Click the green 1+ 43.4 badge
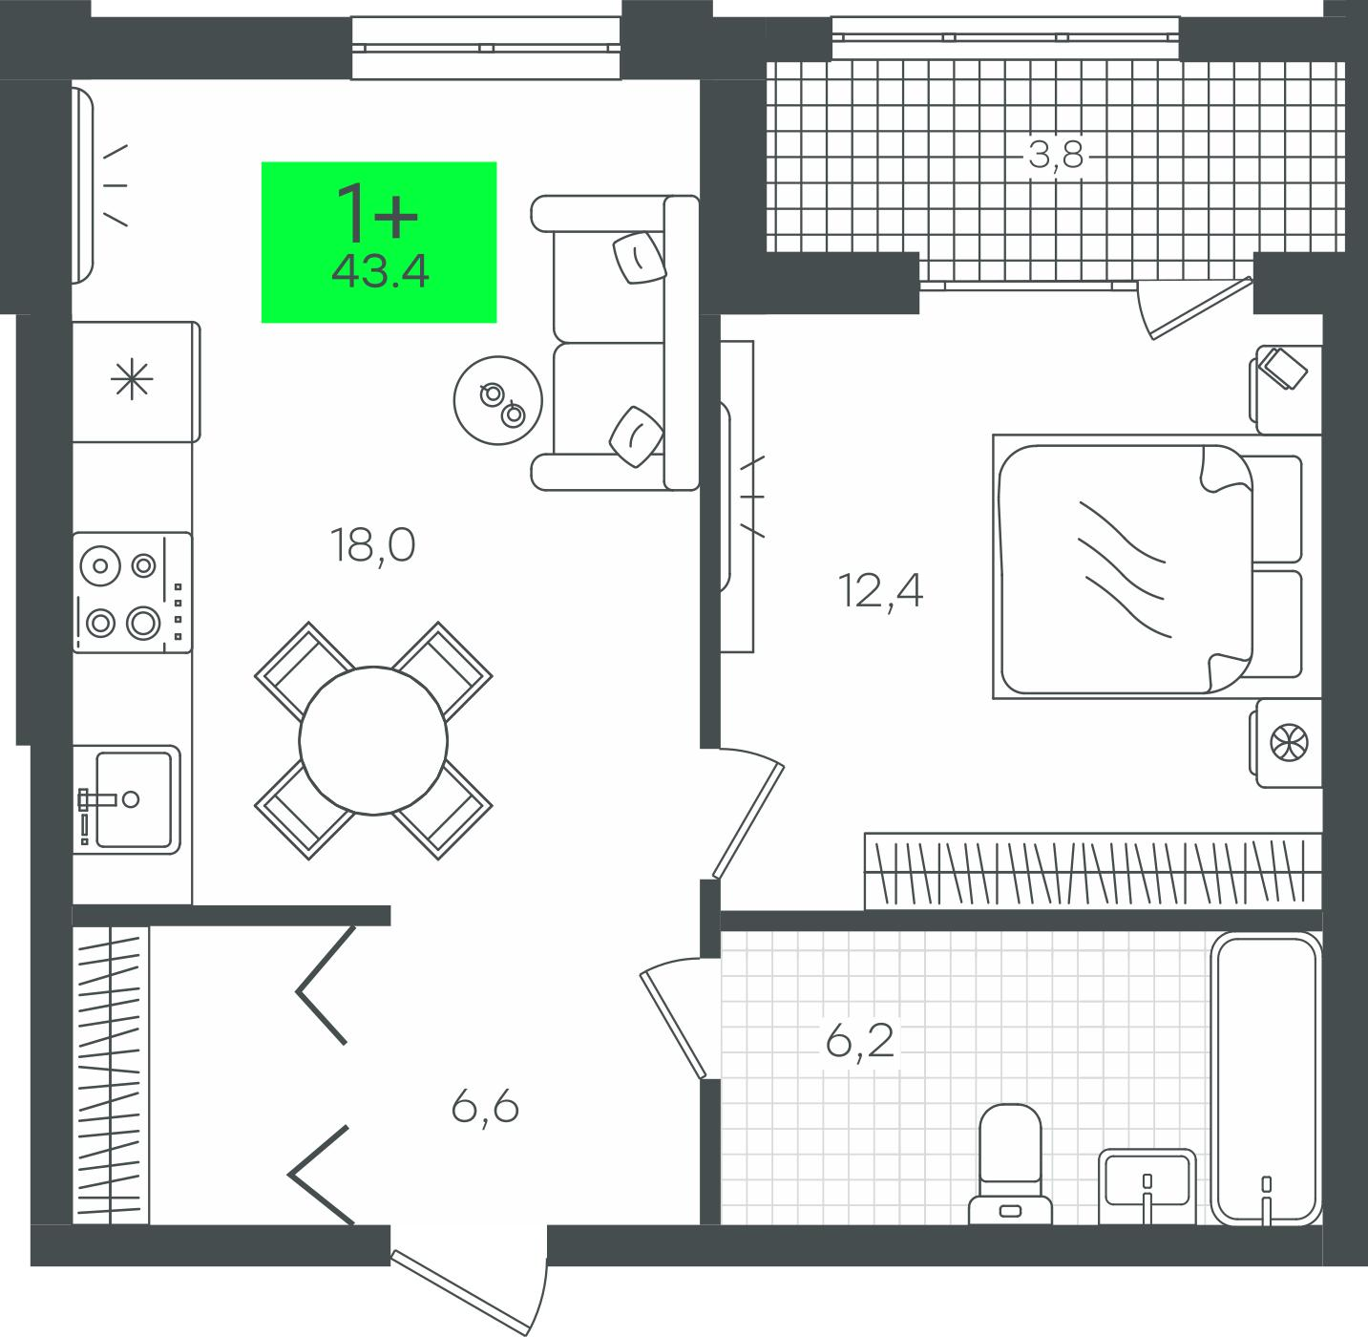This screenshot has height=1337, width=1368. click(379, 242)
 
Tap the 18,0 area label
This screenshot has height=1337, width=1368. click(372, 546)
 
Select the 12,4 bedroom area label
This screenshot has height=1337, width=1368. click(880, 591)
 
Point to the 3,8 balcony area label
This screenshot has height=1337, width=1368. click(1056, 156)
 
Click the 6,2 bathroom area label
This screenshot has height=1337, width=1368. click(860, 1041)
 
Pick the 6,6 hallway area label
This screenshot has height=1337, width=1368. click(485, 1108)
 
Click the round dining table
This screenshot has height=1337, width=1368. click(373, 740)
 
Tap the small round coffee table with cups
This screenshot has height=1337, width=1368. click(498, 400)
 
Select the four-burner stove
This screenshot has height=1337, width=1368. click(132, 592)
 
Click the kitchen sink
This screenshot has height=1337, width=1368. click(127, 799)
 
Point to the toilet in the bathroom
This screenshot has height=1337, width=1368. click(1010, 1165)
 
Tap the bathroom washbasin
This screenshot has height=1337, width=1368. click(1147, 1186)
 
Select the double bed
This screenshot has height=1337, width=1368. click(1157, 567)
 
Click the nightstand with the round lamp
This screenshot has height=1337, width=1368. click(1286, 743)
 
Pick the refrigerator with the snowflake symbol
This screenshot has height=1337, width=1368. click(134, 382)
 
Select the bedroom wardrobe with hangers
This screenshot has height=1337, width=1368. click(1093, 871)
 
